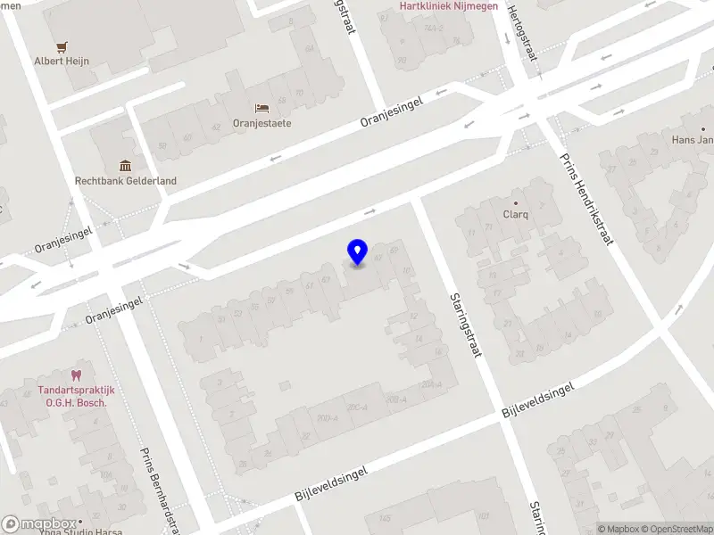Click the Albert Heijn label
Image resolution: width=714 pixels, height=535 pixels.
click(x=62, y=62)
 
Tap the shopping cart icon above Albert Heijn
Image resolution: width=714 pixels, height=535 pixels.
click(x=62, y=46)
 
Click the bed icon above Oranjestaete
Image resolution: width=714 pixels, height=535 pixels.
click(x=262, y=108)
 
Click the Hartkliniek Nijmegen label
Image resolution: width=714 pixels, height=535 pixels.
click(x=449, y=6)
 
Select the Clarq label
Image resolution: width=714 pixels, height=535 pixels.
click(x=516, y=215)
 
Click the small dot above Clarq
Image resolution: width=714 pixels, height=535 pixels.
click(x=516, y=203)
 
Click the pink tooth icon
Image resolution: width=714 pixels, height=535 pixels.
click(x=77, y=376)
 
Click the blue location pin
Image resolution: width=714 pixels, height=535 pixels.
click(x=357, y=251)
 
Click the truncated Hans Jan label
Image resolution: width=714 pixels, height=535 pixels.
click(x=693, y=140)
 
